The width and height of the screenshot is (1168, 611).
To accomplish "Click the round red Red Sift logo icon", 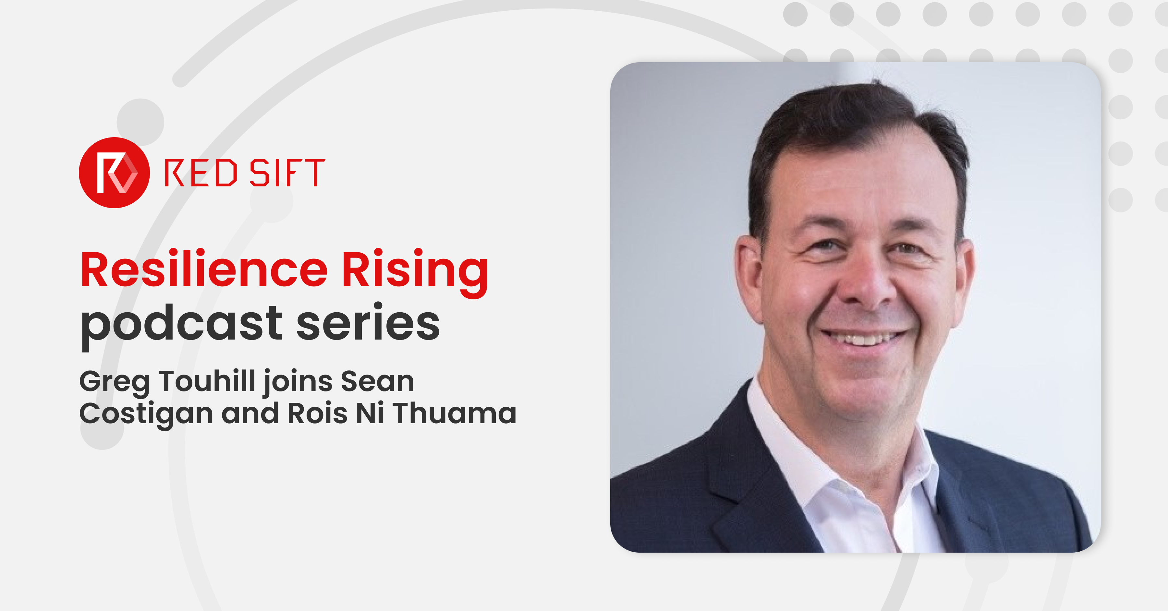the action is [x=114, y=173].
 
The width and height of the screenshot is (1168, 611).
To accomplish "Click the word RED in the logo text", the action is [x=201, y=173].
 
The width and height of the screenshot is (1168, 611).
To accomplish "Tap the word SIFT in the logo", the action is [x=287, y=173].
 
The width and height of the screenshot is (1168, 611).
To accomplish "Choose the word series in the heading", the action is [x=368, y=322].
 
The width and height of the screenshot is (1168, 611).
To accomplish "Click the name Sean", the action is [x=377, y=381].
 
